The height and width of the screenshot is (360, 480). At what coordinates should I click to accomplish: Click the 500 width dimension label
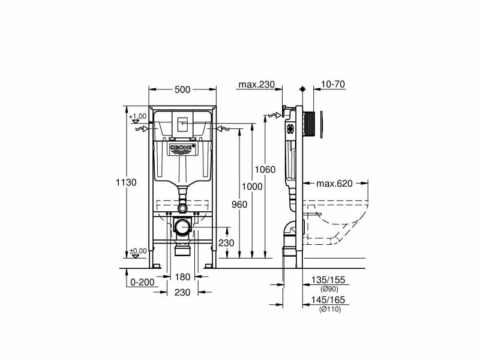[182, 89]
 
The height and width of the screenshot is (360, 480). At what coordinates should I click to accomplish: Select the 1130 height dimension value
[127, 182]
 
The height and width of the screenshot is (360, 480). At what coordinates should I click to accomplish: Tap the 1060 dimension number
[265, 169]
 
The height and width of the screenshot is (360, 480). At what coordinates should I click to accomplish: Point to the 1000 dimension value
[253, 187]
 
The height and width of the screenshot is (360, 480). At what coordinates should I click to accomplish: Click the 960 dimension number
[239, 205]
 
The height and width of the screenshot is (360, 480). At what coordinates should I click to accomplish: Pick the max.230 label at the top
[256, 85]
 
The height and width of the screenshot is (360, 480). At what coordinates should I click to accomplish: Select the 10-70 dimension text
[333, 85]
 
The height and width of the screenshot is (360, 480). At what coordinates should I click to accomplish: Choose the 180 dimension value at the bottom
[182, 277]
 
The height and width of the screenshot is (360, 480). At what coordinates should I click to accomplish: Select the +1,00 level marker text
[138, 116]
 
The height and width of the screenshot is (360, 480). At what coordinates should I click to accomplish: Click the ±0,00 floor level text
[138, 251]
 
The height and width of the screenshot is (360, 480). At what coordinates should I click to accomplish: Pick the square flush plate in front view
[182, 125]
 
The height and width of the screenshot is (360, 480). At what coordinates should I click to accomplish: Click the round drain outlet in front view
[182, 227]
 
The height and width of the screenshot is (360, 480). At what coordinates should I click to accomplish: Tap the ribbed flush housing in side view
[310, 124]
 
